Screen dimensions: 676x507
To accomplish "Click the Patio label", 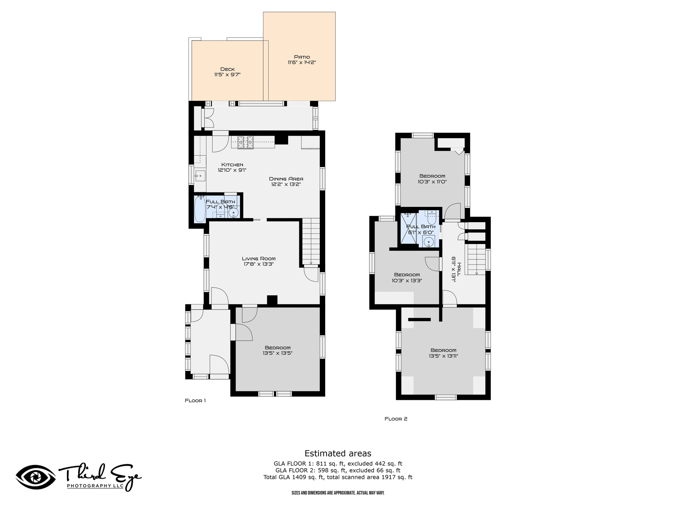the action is coord(302,57).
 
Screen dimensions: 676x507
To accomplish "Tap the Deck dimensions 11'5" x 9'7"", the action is coord(227,75).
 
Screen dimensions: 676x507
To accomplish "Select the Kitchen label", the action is coord(232,165).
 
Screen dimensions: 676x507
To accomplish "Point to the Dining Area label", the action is coord(286,179).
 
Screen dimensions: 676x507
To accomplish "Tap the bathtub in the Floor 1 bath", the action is coord(200,209).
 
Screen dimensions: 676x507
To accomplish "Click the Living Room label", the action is coord(258,259).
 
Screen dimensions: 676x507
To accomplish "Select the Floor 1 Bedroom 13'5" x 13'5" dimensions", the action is coord(278,353).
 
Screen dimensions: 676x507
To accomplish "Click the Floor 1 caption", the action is coord(195,401).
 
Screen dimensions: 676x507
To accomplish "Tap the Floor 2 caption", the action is coord(396,419).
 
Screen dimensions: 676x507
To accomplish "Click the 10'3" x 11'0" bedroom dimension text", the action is coord(432,182).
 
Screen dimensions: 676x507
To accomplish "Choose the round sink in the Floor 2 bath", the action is coord(428,242).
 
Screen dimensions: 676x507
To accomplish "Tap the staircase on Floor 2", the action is coord(475,259).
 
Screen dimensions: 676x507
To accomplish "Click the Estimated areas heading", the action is coord(338,453).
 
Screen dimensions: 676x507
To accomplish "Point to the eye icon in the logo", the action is coord(36,477).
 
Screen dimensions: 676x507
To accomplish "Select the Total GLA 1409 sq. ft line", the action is coord(338,477).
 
